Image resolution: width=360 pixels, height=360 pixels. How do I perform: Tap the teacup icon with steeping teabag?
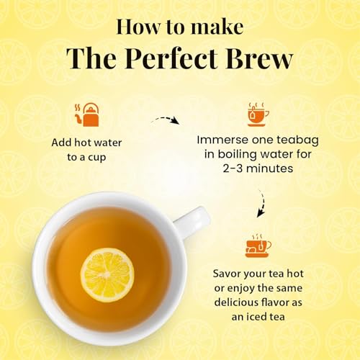click(256, 114)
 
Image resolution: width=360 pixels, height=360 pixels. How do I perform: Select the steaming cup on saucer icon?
click(256, 245)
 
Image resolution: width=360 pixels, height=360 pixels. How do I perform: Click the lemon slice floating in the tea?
click(107, 274)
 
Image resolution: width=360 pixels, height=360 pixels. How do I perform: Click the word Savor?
click(228, 274)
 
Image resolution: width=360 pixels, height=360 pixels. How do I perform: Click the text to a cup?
click(88, 156)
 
